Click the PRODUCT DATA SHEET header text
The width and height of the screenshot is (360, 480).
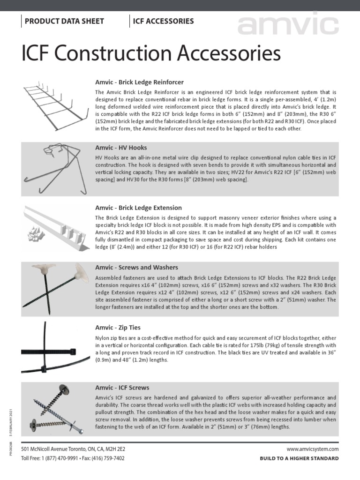[x=64, y=21]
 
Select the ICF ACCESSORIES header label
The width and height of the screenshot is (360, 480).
[x=163, y=21]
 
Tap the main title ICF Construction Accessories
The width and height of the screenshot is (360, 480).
[x=151, y=54]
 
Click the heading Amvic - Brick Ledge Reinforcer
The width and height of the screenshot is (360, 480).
[x=139, y=82]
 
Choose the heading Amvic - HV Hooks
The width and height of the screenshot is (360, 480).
[x=120, y=148]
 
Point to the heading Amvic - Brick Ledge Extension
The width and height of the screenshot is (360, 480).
[x=138, y=208]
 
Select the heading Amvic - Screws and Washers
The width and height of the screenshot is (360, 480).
[x=136, y=267]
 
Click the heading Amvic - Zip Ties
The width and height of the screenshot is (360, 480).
[x=118, y=328]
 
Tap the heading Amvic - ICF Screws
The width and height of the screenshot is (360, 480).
[x=122, y=388]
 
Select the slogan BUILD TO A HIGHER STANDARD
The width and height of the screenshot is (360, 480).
[x=299, y=458]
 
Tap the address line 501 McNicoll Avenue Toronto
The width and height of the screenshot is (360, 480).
[x=73, y=449]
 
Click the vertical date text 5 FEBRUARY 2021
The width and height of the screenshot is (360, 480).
[x=10, y=421]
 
